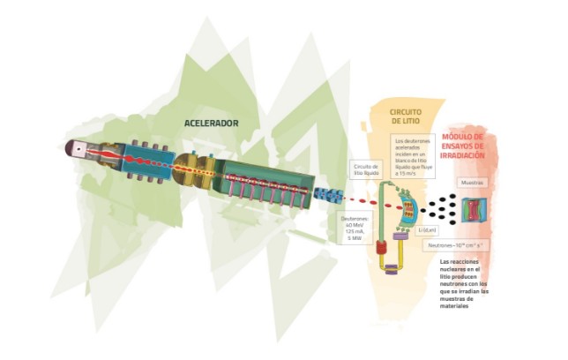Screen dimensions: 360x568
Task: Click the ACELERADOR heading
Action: coord(212,122)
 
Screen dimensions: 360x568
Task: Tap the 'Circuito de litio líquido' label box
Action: coord(366,169)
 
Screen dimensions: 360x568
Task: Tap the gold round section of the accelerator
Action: coord(187,168)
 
